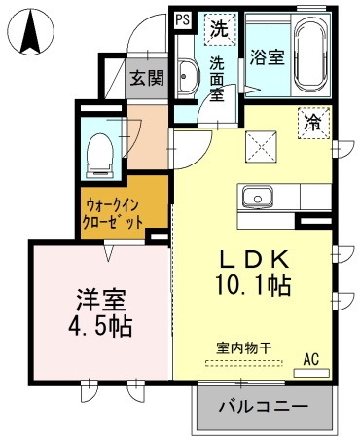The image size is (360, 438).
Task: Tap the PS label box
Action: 183,18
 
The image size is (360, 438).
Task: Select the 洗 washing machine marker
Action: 220,28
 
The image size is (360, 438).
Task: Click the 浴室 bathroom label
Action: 267,56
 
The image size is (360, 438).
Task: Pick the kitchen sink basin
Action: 259,192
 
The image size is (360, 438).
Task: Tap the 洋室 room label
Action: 94,296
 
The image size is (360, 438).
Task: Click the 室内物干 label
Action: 244,347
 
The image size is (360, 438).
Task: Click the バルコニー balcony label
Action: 263,406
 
